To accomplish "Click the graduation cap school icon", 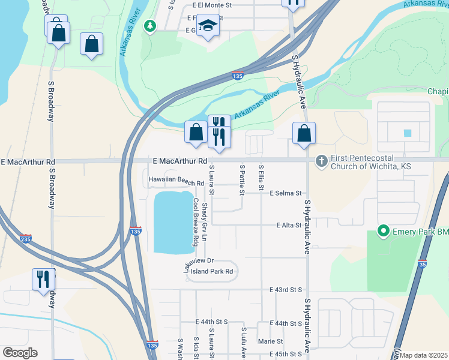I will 208,26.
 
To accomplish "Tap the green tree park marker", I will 150,26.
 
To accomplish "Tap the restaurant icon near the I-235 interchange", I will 43,280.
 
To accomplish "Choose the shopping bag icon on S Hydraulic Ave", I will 304,133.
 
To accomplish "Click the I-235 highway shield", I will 25,238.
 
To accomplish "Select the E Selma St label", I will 285,193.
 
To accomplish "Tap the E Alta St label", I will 289,225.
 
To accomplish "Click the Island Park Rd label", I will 211,271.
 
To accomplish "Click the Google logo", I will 19,353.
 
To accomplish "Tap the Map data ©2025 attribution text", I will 423,355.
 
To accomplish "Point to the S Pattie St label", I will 242,180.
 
